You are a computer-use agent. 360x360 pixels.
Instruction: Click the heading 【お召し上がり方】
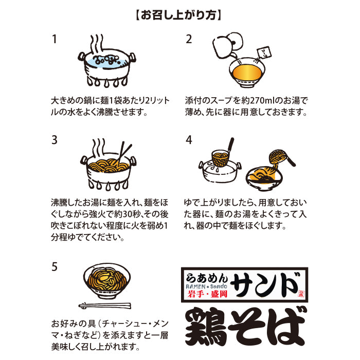click(x=180, y=15)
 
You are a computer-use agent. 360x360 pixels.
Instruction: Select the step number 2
click(x=189, y=40)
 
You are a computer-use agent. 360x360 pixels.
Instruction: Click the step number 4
click(x=189, y=140)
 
